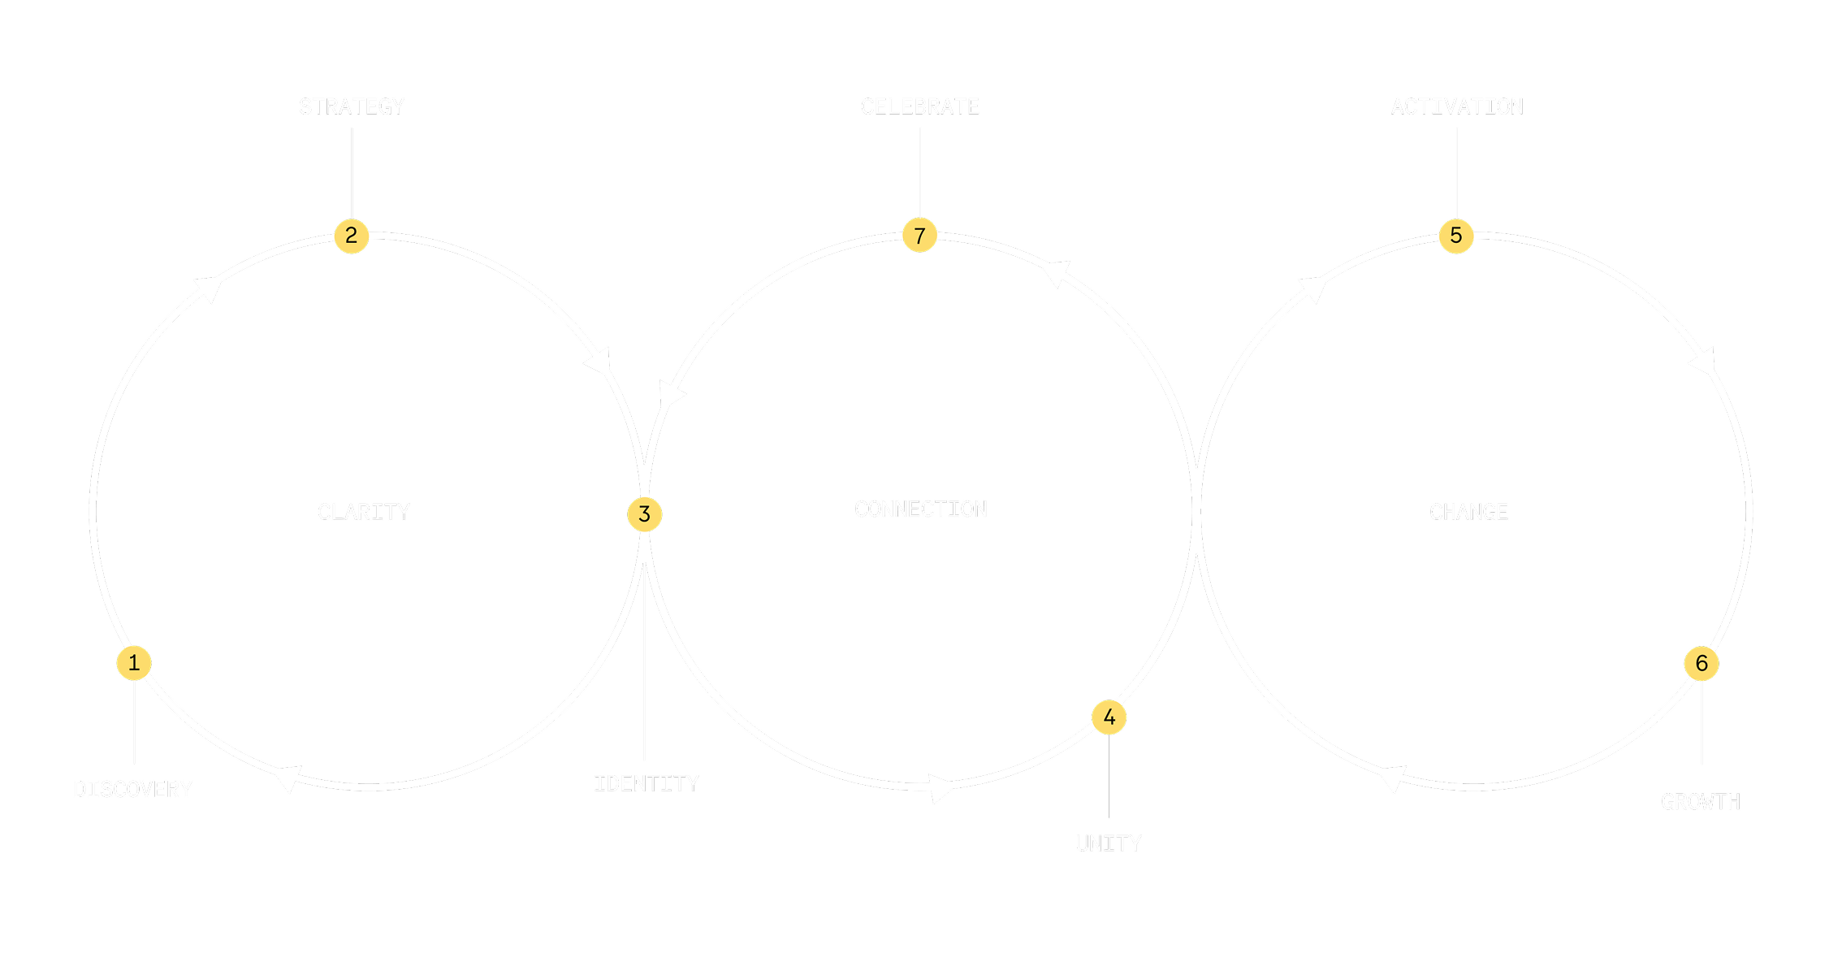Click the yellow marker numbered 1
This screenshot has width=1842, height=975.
pos(134,663)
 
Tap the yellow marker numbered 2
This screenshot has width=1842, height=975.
pos(352,236)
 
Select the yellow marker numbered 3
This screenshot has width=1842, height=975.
pos(645,514)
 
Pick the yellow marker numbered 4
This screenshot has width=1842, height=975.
pos(1109,717)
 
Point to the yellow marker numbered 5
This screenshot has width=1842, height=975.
pos(1456,236)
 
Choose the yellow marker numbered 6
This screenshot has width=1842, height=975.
pos(1701,664)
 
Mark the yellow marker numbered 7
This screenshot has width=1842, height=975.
pos(920,236)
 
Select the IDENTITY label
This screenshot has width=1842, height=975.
pos(646,783)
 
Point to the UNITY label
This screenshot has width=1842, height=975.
pos(1109,843)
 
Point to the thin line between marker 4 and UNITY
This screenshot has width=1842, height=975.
pos(1109,776)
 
